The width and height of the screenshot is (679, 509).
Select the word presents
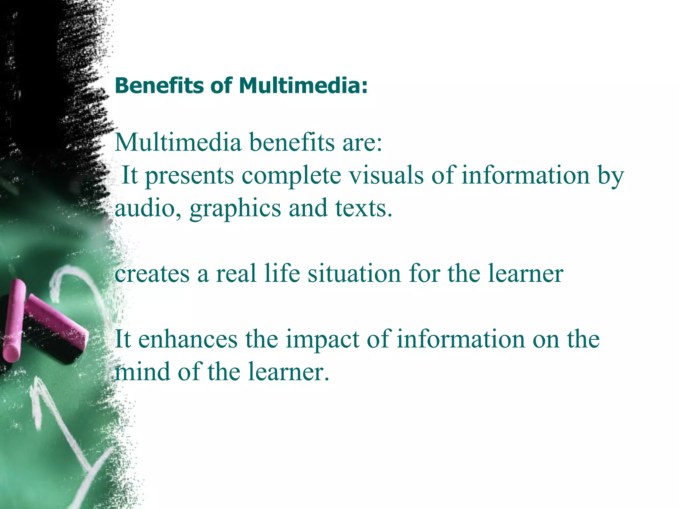190,176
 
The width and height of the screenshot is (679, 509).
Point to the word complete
291,176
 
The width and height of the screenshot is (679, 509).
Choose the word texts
364,208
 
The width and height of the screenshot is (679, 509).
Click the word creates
152,274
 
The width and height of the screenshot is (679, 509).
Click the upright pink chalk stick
14,320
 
